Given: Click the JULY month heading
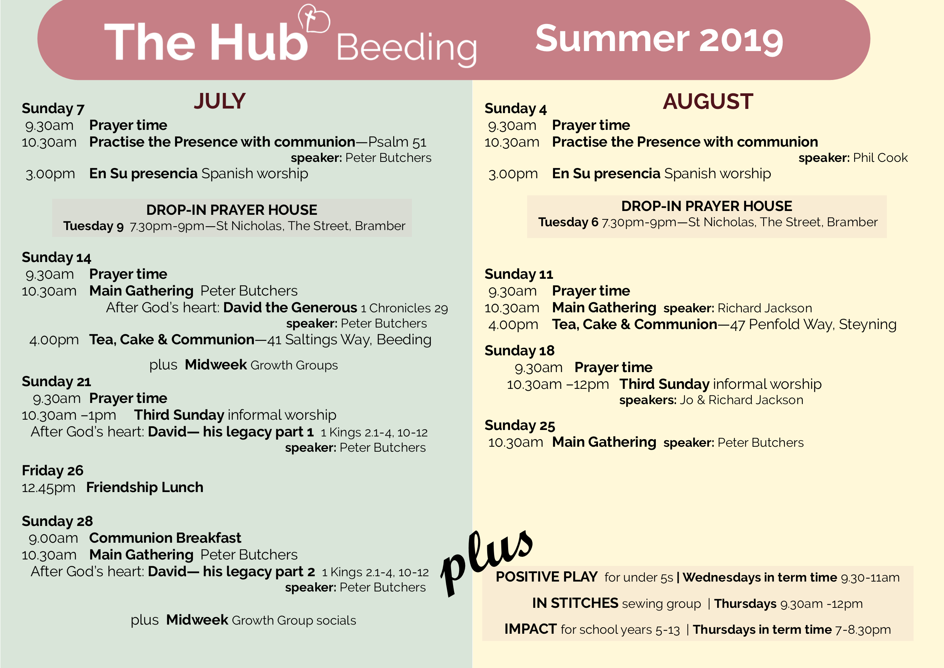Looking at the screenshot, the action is (x=220, y=101).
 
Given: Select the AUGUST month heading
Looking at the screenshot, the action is (x=708, y=101).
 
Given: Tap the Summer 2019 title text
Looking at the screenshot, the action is (x=659, y=39).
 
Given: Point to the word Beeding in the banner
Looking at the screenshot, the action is (x=407, y=48).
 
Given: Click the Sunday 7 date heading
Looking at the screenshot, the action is (x=53, y=109).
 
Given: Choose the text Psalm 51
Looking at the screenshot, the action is (x=397, y=142).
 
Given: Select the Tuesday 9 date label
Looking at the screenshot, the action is (x=93, y=226).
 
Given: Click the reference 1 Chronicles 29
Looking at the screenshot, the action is (x=404, y=308).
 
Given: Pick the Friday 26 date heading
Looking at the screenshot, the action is (x=53, y=470).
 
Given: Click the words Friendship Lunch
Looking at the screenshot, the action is (x=145, y=487).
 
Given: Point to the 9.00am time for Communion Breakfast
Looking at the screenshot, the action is (x=53, y=539).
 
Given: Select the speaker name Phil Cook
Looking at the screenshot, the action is (x=880, y=158).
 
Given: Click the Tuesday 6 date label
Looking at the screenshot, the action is (x=568, y=222).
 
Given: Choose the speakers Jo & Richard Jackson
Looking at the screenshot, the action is (x=741, y=400).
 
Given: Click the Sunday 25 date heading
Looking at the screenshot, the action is (x=520, y=425).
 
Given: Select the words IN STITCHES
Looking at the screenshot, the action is (x=575, y=603).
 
